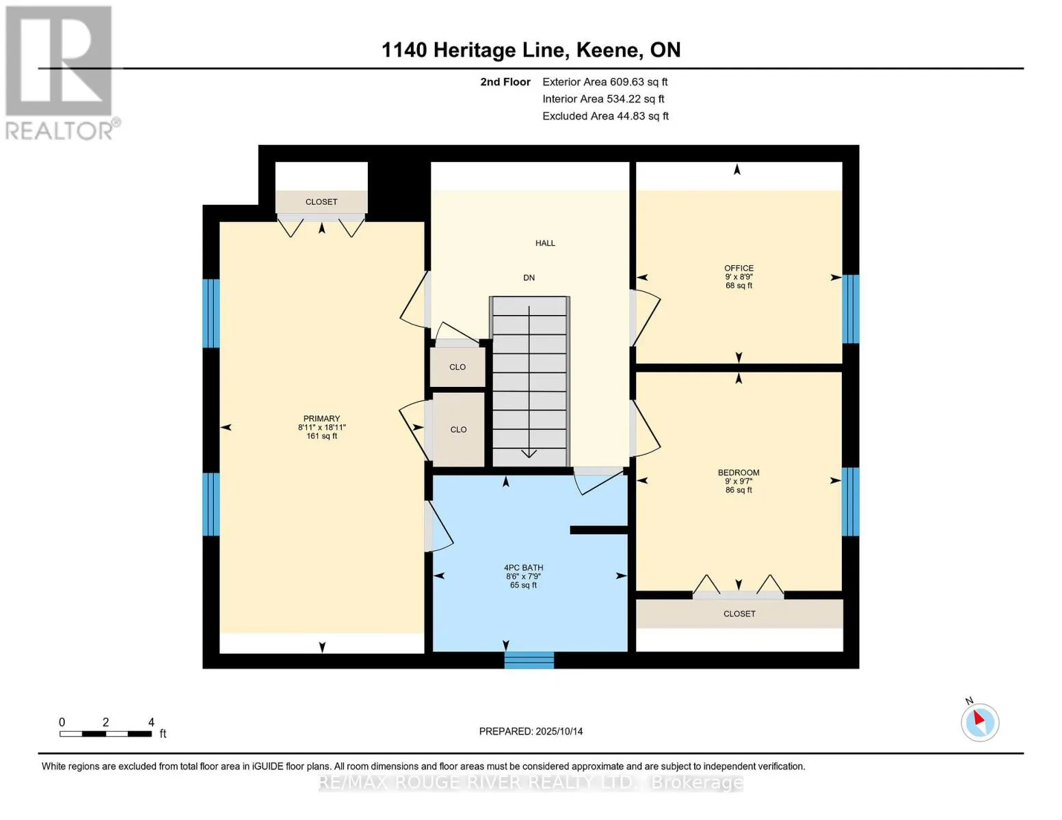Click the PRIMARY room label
(321, 419)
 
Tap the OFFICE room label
(739, 269)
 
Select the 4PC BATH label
(523, 568)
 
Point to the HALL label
(545, 243)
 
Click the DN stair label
(529, 278)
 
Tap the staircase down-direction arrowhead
(529, 453)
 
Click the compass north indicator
(979, 721)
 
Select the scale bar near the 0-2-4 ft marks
(105, 734)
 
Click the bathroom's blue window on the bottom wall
(529, 660)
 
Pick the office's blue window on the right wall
(850, 309)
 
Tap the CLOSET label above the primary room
(321, 202)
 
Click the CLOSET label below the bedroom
(739, 614)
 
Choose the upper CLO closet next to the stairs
(457, 368)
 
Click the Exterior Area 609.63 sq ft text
(605, 82)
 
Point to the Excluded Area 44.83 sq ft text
(605, 116)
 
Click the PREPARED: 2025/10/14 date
(531, 731)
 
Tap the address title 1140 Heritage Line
(531, 50)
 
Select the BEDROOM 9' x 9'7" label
(739, 480)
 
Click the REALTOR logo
(60, 72)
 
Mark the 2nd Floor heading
(505, 82)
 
